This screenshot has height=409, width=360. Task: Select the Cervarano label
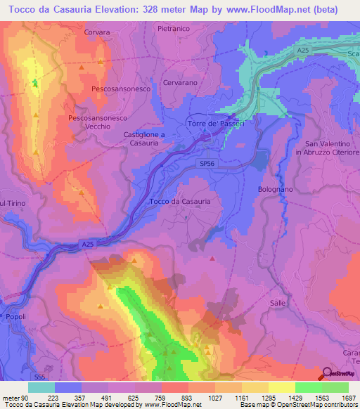[181, 82]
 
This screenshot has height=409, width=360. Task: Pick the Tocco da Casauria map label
[180, 201]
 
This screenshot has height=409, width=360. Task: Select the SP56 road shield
[206, 162]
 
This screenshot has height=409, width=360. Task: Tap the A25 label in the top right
[302, 51]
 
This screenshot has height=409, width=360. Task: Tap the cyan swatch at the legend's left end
[41, 387]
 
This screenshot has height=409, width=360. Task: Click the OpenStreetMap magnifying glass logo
[326, 373]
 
